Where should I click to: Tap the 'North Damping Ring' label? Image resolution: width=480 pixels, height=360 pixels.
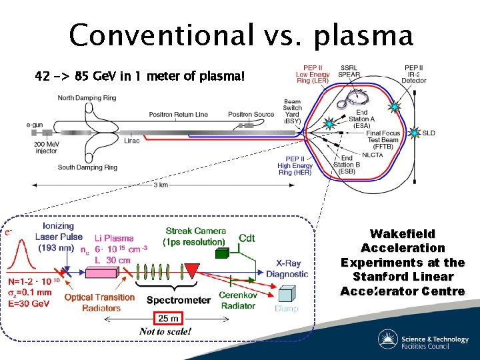pyautogui.click(x=87, y=99)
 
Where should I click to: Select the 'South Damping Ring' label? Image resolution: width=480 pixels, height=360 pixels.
pyautogui.click(x=87, y=167)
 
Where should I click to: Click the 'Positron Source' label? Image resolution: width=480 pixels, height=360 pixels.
pyautogui.click(x=251, y=115)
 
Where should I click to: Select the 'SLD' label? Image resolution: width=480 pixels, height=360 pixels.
pyautogui.click(x=429, y=133)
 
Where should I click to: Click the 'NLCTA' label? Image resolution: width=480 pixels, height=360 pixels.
pyautogui.click(x=373, y=154)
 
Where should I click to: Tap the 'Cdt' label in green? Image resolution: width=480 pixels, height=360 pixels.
pyautogui.click(x=247, y=238)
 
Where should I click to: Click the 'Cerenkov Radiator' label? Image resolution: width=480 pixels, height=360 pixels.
pyautogui.click(x=238, y=301)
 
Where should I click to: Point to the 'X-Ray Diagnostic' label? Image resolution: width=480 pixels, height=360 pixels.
pyautogui.click(x=287, y=268)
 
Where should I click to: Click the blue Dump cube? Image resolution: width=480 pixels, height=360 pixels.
pyautogui.click(x=287, y=294)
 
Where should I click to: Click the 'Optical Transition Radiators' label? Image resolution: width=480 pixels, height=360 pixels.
pyautogui.click(x=99, y=303)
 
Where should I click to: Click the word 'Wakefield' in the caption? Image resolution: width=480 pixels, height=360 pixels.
pyautogui.click(x=402, y=234)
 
